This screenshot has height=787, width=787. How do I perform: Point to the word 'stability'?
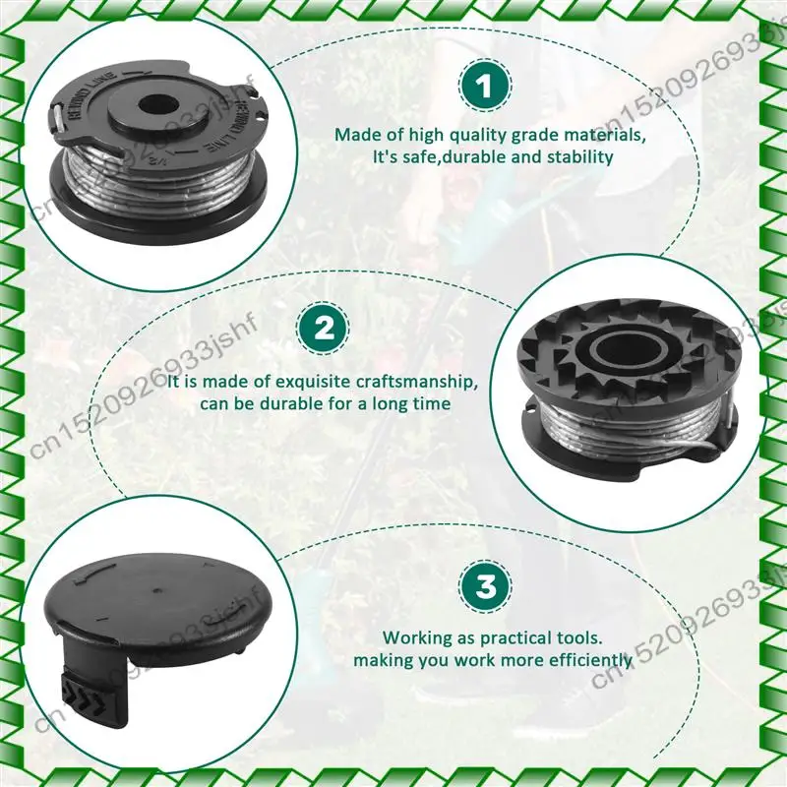pos(579,156)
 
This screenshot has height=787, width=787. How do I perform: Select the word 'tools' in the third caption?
pos(577,637)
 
